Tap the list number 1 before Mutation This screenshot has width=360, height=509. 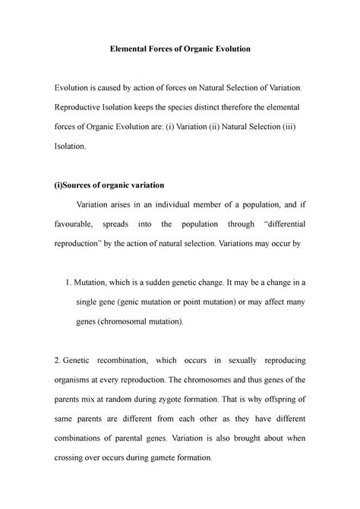[x=71, y=283]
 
